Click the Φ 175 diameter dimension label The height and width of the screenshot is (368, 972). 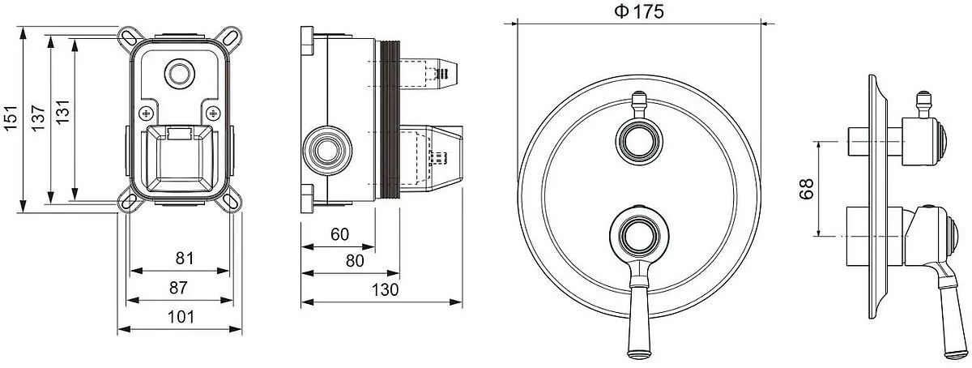tap(639, 11)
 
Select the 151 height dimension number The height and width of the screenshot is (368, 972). tap(11, 118)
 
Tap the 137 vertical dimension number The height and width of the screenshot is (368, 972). tap(38, 118)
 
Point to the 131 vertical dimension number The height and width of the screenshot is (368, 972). tap(63, 112)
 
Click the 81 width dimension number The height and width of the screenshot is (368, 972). tap(185, 259)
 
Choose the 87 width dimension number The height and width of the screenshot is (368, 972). tap(178, 288)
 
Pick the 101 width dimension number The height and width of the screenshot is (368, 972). tap(181, 317)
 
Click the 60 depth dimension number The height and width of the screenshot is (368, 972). tap(339, 234)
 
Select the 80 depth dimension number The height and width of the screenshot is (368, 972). tap(355, 261)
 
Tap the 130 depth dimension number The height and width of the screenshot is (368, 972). tap(385, 290)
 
